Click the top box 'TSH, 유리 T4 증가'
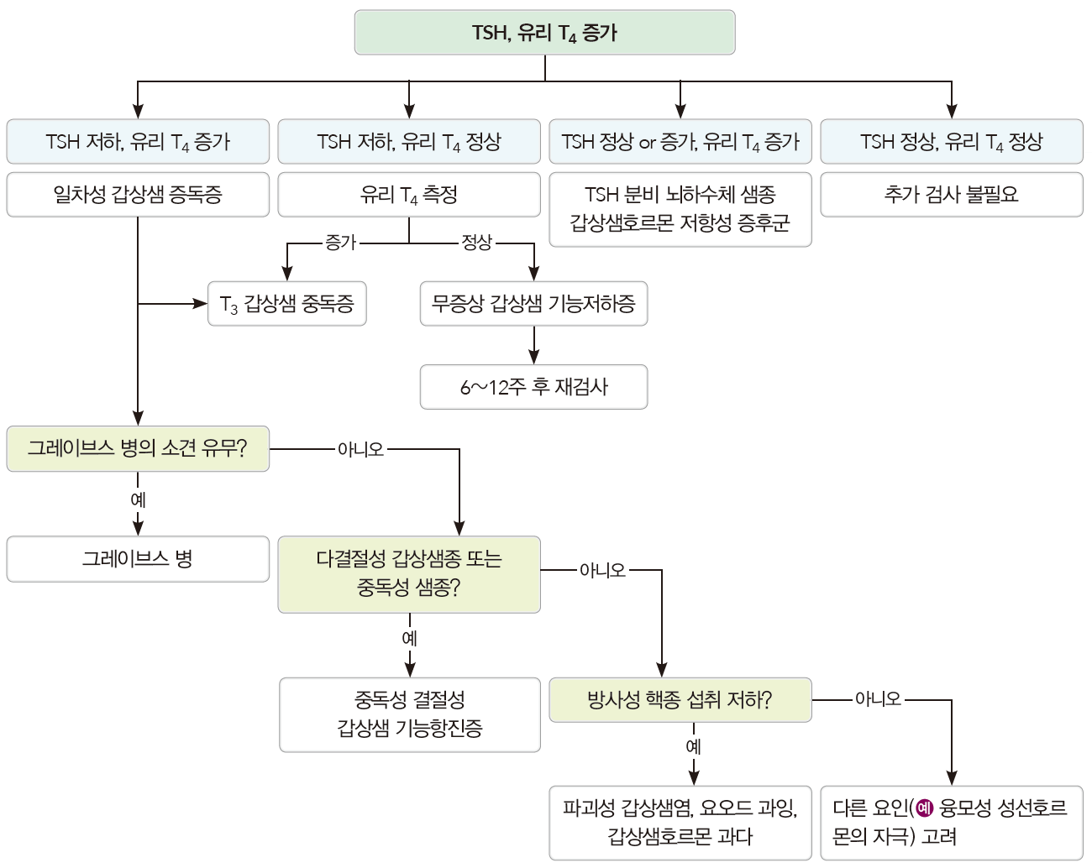544,33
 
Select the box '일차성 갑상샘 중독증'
138,195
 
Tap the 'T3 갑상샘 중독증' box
287,304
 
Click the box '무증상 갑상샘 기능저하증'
533,304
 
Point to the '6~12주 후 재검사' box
533,387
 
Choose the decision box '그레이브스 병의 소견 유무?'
138,449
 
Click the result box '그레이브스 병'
138,559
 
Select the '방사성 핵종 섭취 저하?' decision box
680,700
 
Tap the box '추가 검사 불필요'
951,195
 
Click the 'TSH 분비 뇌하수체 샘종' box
680,209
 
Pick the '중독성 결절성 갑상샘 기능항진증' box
410,714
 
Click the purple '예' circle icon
925,808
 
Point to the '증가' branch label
341,243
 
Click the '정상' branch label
477,243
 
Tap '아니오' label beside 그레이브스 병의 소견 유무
360,449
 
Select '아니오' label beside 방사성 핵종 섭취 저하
877,699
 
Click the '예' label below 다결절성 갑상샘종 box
410,638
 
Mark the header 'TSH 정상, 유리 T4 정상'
951,142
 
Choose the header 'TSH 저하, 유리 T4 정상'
409,142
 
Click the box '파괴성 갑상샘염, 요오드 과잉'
680,823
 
